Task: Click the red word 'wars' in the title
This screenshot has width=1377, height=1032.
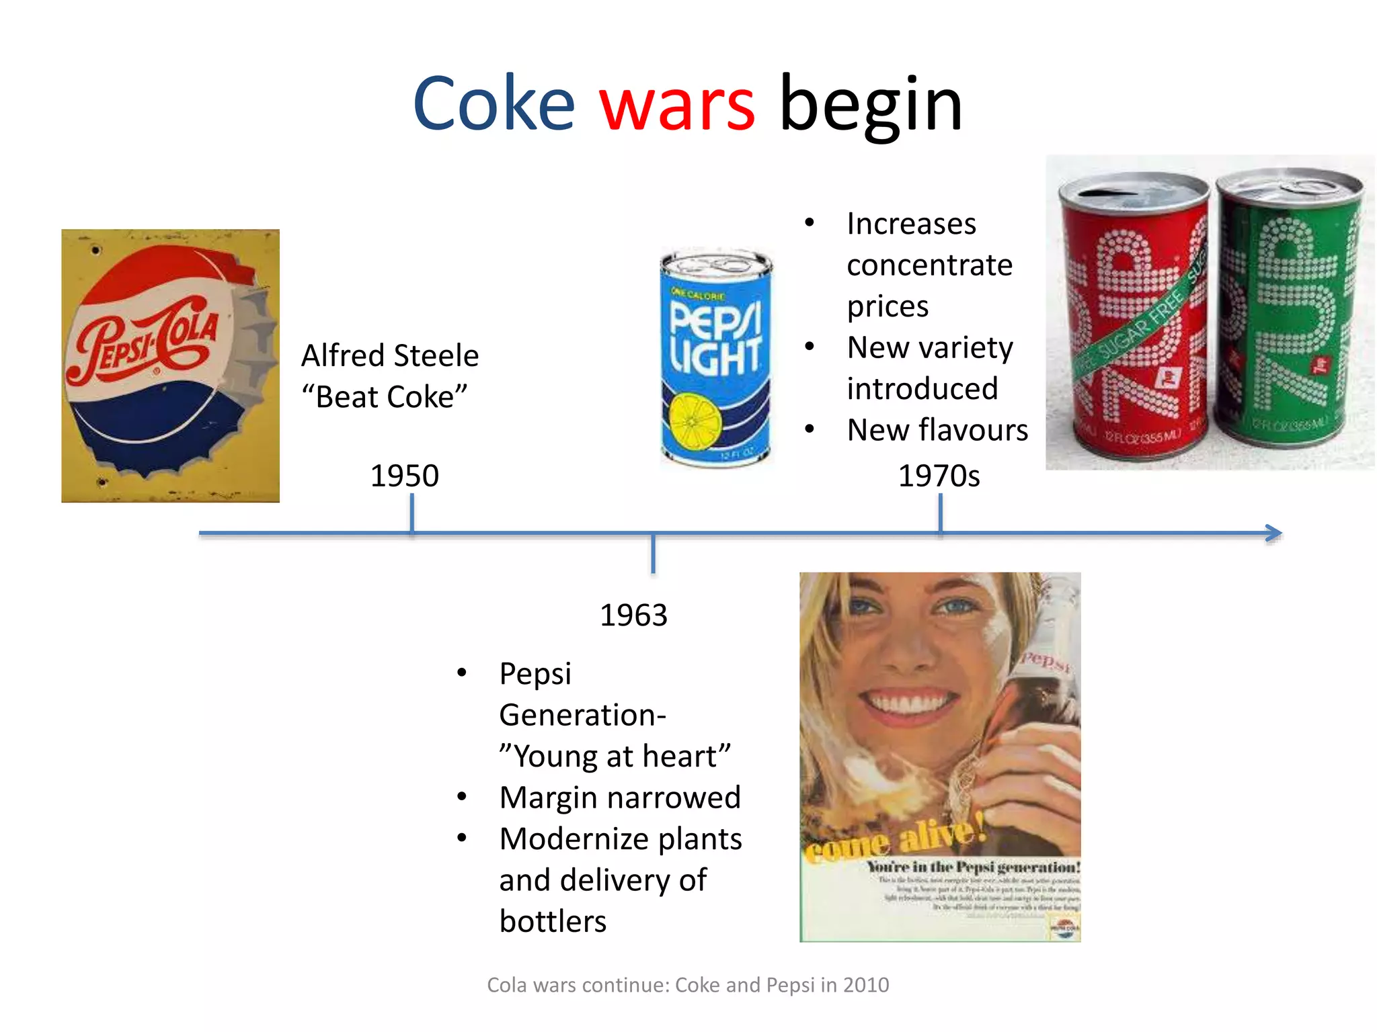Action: point(677,105)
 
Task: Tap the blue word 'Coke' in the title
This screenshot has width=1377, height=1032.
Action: point(494,105)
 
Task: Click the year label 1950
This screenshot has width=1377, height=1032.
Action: point(405,476)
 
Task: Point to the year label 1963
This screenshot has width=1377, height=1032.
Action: point(633,615)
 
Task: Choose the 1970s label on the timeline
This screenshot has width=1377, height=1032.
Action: point(939,476)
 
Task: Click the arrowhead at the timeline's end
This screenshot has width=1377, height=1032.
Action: point(1273,533)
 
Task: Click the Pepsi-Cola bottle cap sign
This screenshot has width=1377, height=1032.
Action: point(170,365)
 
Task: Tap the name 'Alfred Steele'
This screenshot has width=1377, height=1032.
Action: point(390,355)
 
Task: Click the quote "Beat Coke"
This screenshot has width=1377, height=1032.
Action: point(384,397)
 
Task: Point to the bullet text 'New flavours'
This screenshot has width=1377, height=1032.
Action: point(937,430)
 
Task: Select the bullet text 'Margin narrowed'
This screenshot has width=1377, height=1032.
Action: point(620,798)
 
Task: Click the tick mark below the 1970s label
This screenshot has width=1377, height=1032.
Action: point(940,513)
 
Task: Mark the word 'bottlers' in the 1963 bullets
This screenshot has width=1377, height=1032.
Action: point(553,921)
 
